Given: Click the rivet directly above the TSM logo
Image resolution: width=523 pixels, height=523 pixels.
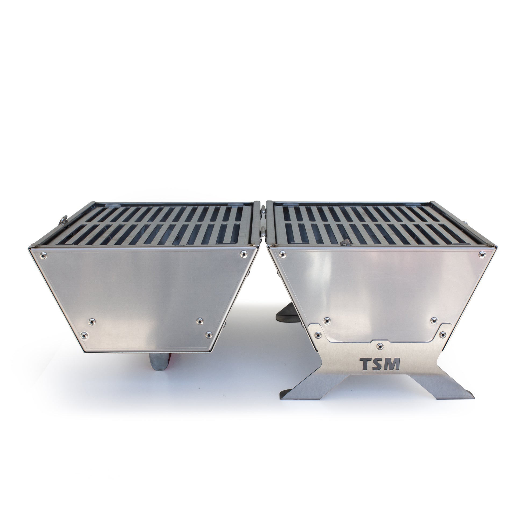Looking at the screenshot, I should coord(380,346).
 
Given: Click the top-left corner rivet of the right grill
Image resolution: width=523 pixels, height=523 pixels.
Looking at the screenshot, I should coord(282,254).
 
